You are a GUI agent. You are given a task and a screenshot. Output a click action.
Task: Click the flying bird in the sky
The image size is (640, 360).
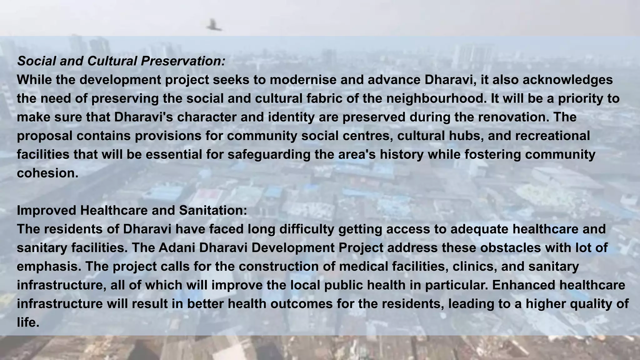tap(214, 25)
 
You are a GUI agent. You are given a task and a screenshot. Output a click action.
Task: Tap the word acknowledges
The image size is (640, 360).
tap(567, 80)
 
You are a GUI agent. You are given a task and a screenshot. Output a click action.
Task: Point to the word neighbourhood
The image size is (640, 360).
tap(436, 99)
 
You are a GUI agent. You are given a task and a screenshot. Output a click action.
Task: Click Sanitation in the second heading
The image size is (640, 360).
tap(213, 211)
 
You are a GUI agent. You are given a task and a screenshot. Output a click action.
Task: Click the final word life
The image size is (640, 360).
tap(28, 322)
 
